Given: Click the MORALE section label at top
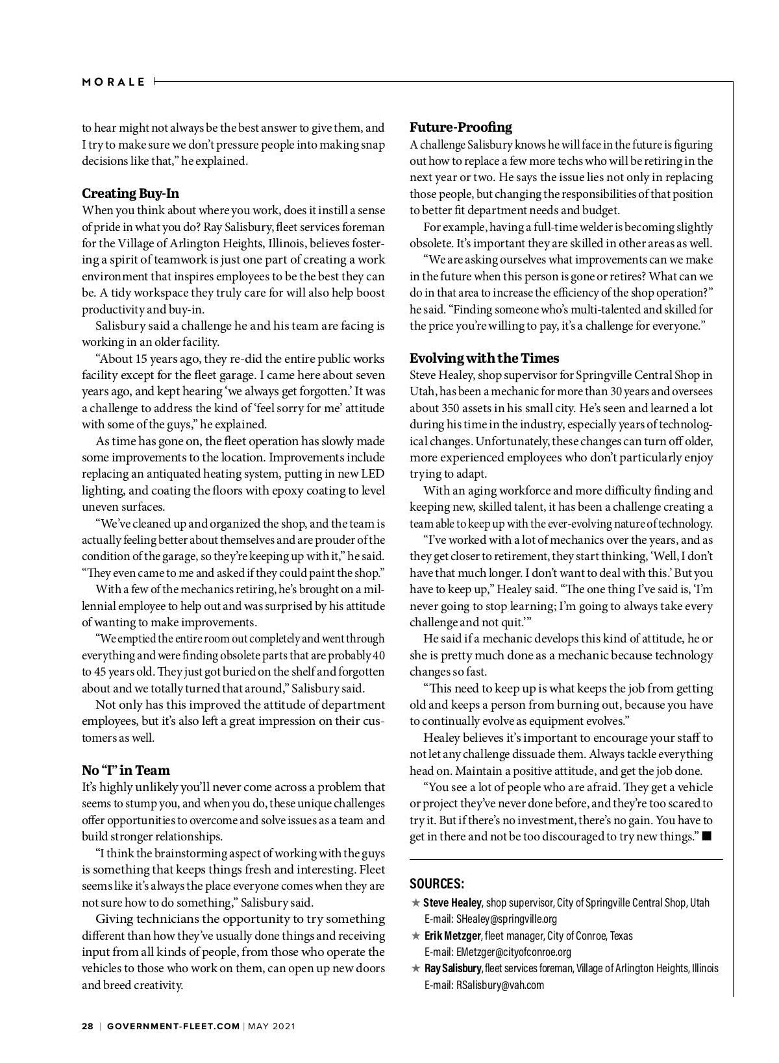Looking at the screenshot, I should [114, 82].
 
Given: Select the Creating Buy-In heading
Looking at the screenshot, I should [130, 193].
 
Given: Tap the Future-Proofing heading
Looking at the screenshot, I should [460, 127].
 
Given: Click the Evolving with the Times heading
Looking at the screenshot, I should [484, 358].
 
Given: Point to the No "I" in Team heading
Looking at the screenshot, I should [126, 770].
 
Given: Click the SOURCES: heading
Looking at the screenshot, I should [437, 884].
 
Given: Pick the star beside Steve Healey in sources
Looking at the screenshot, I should [415, 903].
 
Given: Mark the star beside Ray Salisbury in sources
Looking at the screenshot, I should [415, 968].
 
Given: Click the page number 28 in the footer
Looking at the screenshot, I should [87, 1026].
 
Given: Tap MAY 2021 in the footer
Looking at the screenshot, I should [271, 1026].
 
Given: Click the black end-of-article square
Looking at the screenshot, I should [706, 836].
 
